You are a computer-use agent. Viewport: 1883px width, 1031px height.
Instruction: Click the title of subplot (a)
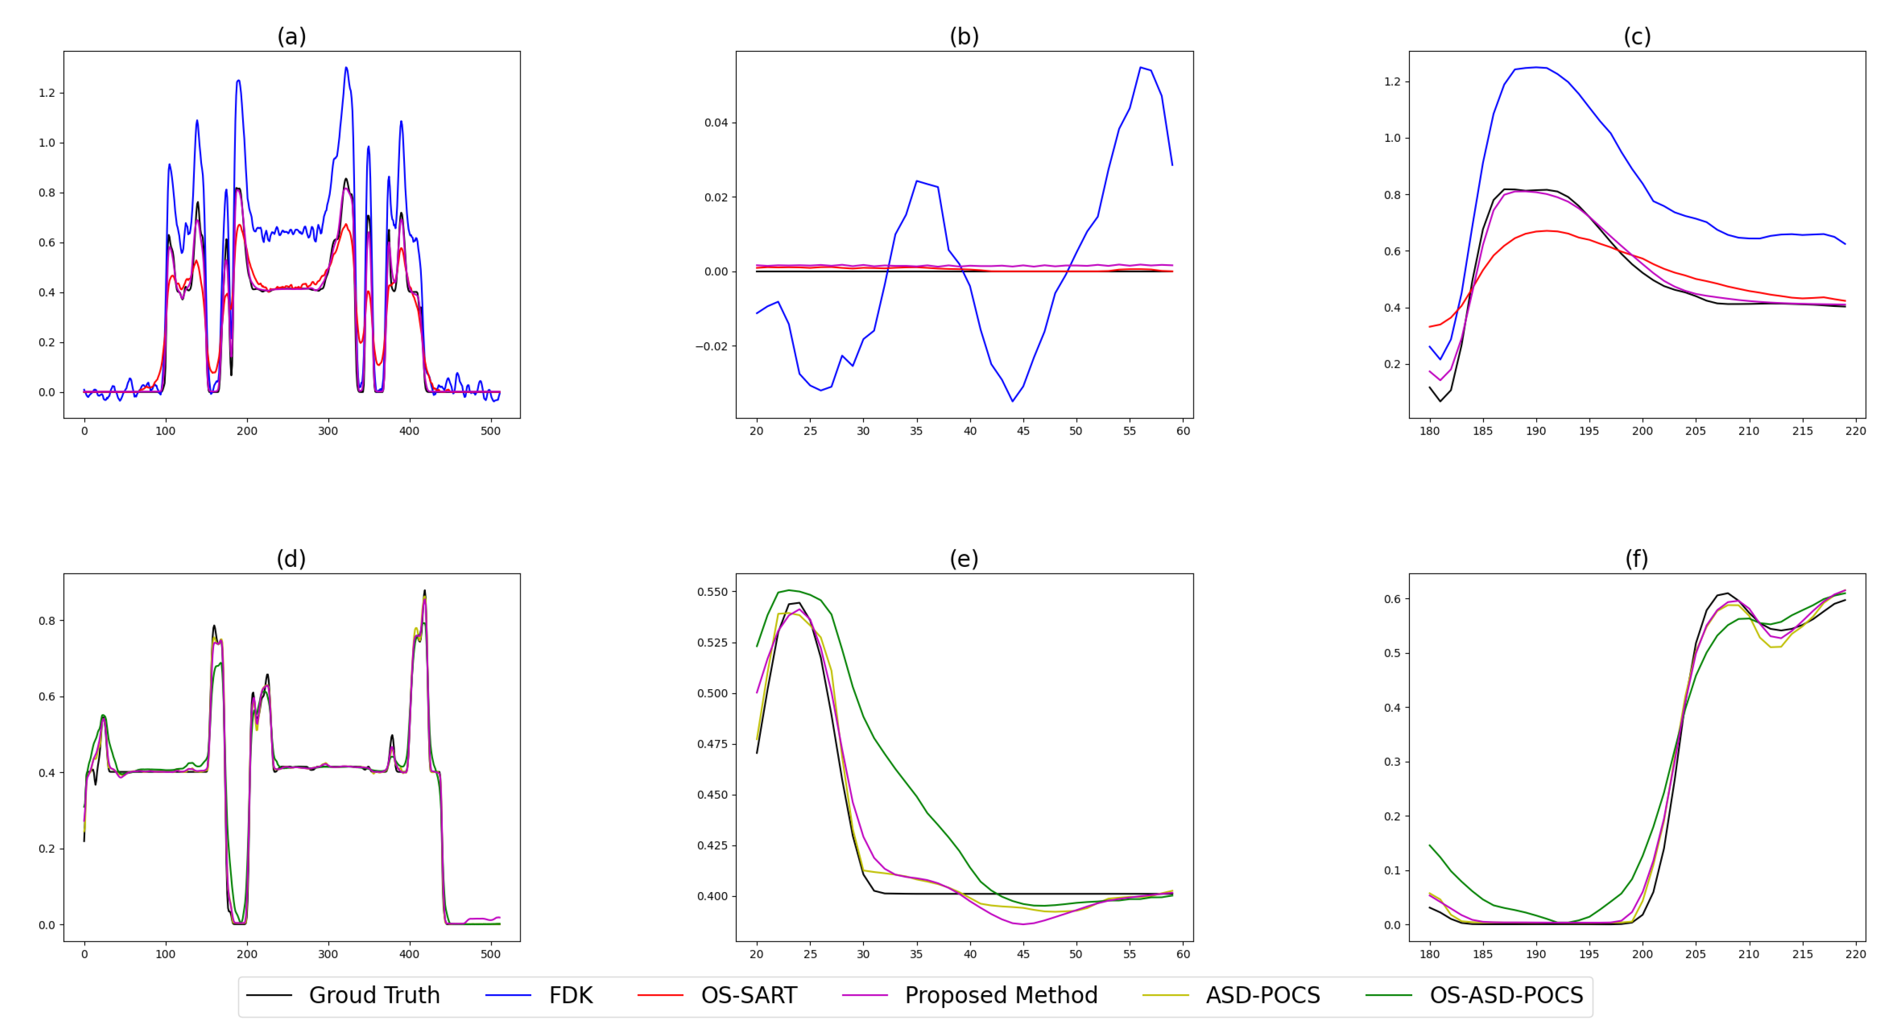coord(291,36)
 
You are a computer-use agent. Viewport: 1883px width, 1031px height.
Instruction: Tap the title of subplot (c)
coord(1636,36)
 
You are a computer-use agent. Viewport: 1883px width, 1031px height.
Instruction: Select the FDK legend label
coord(570,995)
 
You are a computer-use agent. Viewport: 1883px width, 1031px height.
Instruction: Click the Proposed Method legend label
coord(1001,995)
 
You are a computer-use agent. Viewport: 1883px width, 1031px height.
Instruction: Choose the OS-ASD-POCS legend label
coord(1506,995)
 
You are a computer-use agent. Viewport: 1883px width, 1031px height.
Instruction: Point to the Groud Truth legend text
coord(374,995)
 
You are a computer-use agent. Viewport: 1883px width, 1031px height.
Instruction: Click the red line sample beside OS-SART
coord(660,995)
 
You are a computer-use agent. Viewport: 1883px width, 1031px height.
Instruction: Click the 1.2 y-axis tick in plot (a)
coord(47,93)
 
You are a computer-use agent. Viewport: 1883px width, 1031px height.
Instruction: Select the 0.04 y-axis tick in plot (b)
coord(716,123)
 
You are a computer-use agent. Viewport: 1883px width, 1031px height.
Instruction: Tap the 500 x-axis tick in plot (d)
coord(491,954)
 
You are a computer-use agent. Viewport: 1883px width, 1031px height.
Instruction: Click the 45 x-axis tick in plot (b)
coord(1023,431)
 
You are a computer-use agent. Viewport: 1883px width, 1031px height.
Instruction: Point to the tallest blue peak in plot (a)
coord(346,67)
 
